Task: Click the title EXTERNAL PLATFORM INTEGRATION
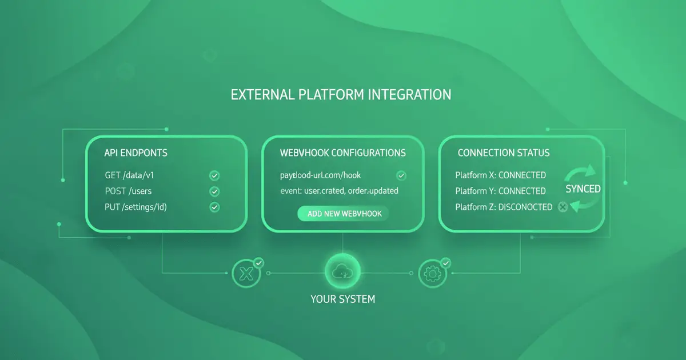click(x=341, y=95)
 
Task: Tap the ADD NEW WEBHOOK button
click(x=343, y=214)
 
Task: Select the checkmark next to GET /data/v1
click(x=215, y=176)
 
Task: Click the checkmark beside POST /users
click(x=215, y=191)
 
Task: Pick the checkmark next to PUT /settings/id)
click(x=215, y=207)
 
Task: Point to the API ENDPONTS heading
click(x=135, y=153)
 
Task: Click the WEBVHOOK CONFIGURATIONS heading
click(x=343, y=153)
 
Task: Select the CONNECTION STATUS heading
click(x=504, y=153)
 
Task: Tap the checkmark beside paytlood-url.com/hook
click(x=401, y=175)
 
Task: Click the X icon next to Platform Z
click(x=563, y=207)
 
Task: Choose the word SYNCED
click(x=583, y=189)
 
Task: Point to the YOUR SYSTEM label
click(x=343, y=299)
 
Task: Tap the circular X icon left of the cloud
click(x=248, y=274)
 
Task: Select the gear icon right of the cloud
click(x=433, y=274)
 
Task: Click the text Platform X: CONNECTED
click(x=500, y=175)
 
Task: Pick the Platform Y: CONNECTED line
click(x=500, y=191)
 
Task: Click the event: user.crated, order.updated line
click(x=339, y=191)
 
